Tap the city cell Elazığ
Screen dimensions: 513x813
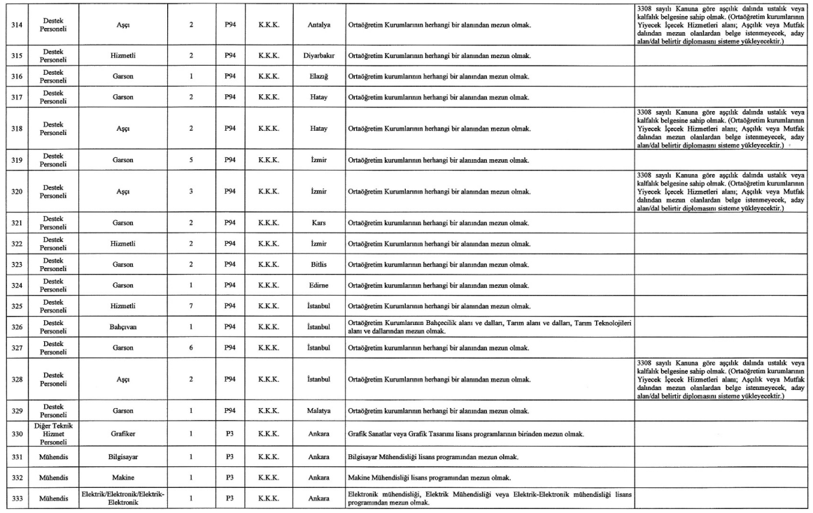[318, 75]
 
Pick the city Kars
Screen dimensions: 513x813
[318, 224]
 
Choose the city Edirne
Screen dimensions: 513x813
[318, 287]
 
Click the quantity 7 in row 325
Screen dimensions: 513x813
[190, 307]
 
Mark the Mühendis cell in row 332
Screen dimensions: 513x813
[53, 477]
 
